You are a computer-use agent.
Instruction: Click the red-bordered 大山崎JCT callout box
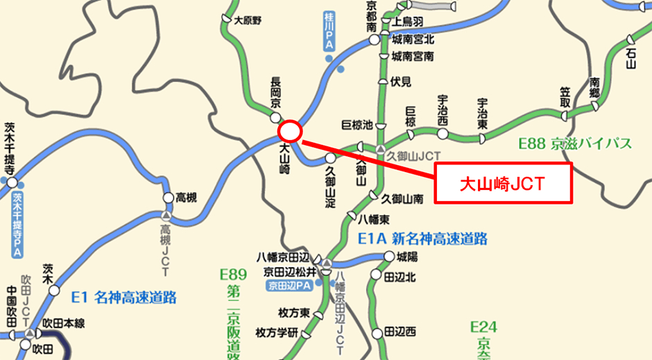[x=504, y=184]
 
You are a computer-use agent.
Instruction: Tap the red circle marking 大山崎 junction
[x=290, y=130]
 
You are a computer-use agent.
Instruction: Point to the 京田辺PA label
[x=289, y=285]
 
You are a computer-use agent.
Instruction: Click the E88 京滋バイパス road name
[x=575, y=144]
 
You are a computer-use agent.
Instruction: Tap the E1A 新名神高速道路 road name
[x=422, y=239]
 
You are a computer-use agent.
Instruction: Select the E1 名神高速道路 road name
[x=124, y=298]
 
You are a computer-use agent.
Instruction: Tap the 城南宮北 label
[x=412, y=40]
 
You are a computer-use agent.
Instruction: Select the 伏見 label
[x=401, y=82]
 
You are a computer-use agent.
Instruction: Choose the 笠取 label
[x=565, y=96]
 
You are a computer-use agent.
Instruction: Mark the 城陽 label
[x=406, y=257]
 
